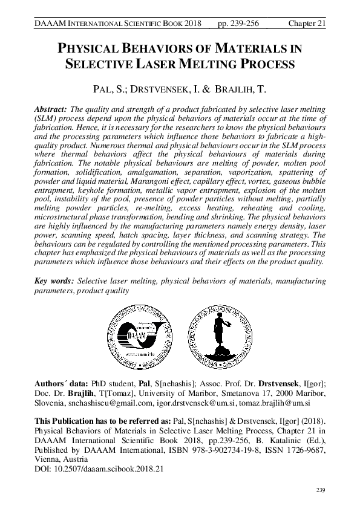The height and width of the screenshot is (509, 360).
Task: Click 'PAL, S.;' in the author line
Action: pos(107,89)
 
